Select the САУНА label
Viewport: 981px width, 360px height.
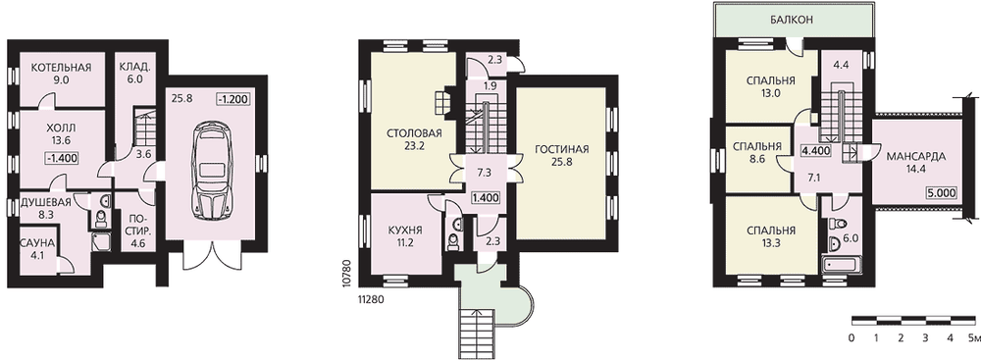(x=37, y=242)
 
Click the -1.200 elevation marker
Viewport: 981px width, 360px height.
(x=232, y=99)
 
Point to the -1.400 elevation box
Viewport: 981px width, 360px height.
(x=62, y=158)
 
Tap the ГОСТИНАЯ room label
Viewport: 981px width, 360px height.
(x=562, y=149)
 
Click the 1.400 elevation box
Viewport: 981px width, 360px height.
(x=486, y=198)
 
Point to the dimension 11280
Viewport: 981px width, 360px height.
(x=369, y=299)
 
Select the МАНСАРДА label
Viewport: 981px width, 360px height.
(x=916, y=157)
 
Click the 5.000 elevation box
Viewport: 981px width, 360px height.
(x=942, y=193)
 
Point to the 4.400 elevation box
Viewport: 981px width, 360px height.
(x=815, y=151)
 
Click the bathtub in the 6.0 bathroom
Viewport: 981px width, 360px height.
(x=842, y=266)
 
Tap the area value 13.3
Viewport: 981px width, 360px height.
(x=771, y=242)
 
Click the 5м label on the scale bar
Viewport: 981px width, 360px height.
(x=973, y=338)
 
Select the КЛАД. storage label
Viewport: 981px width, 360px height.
(x=135, y=68)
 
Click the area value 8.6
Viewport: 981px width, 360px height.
(x=755, y=159)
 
